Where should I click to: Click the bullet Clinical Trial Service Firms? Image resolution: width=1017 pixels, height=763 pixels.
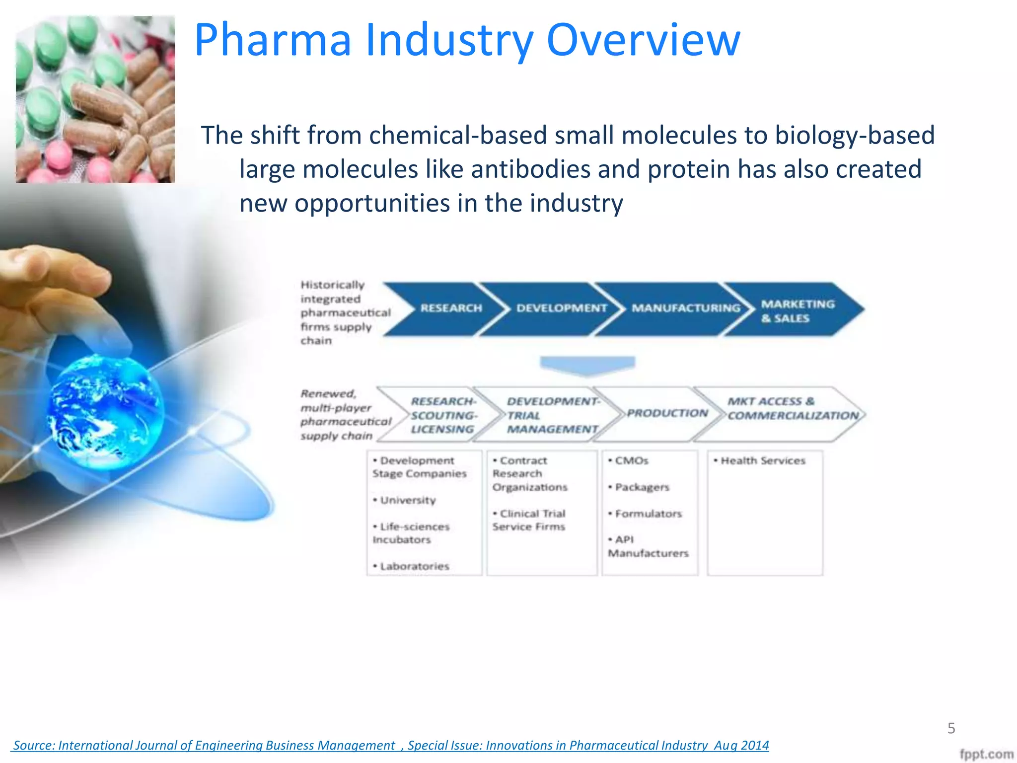529,520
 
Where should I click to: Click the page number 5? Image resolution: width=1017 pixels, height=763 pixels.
951,728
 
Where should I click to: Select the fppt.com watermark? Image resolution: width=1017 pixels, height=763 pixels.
986,754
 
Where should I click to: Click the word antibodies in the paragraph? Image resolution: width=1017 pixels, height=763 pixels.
530,169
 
